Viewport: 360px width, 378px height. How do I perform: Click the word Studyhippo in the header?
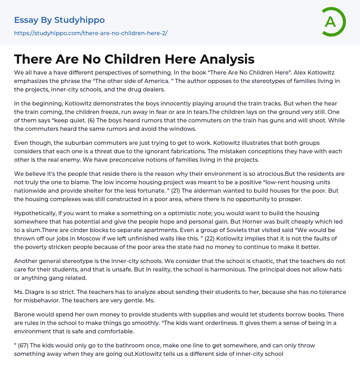[x=79, y=20]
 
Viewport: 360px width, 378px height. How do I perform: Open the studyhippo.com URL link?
[x=91, y=33]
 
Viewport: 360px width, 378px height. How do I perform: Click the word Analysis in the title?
[x=227, y=59]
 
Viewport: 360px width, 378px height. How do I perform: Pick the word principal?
[x=259, y=270]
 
